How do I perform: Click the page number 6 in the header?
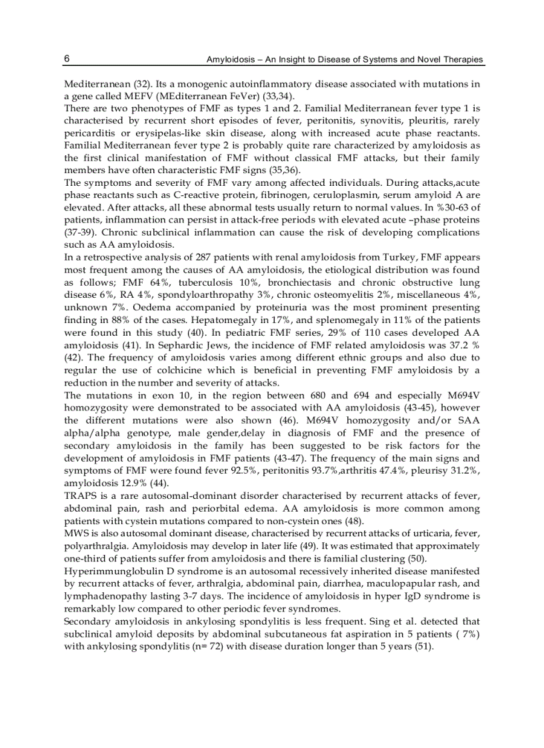coord(67,59)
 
